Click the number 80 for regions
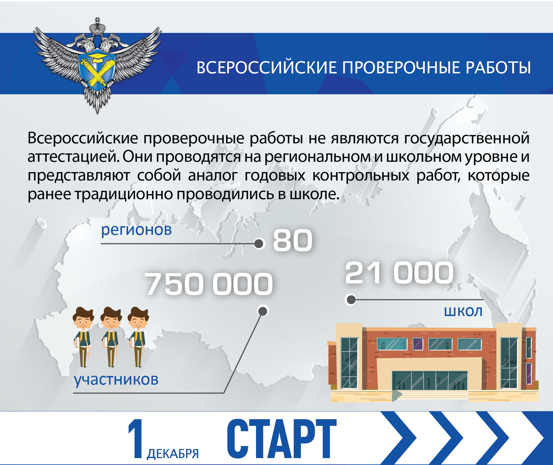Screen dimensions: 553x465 pos(293,240)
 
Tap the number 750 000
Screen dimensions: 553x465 pos(209,284)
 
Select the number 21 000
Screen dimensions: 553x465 pos(399,273)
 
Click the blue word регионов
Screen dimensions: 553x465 pos(136,230)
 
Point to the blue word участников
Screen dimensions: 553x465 pos(116,380)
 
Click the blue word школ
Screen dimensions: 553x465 pos(463,311)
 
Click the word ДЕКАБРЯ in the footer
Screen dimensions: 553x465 pos(173,454)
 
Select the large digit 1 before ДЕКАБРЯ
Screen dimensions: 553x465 pos(136,439)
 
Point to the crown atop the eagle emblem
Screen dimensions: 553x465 pos(97,27)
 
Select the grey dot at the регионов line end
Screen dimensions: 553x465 pos(259,244)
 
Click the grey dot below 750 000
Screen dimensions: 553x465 pos(263,311)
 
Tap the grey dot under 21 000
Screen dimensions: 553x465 pos(351,300)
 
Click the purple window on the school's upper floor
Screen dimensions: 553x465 pos(418,344)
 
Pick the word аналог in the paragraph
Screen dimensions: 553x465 pos(213,176)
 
